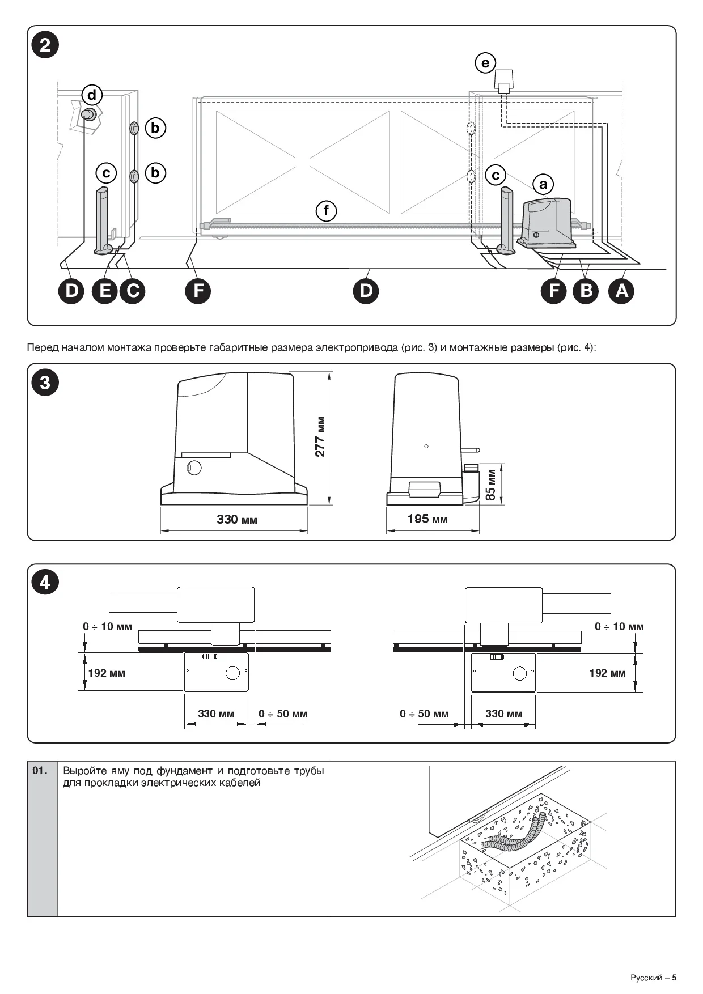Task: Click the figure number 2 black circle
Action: click(45, 45)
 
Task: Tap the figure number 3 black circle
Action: click(45, 383)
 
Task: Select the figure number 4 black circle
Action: click(45, 583)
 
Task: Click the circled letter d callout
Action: click(92, 94)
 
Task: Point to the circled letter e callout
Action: click(485, 62)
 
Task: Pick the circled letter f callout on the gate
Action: click(326, 211)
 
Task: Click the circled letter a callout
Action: click(543, 184)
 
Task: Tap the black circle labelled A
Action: click(622, 291)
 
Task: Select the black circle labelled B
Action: click(586, 291)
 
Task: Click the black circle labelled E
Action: click(105, 291)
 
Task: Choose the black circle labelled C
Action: click(133, 291)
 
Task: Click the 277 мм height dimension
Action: click(320, 437)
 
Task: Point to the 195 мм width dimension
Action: click(427, 519)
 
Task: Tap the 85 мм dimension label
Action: click(491, 485)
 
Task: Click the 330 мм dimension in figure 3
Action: click(236, 519)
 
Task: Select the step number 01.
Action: click(40, 771)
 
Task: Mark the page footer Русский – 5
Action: click(653, 977)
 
